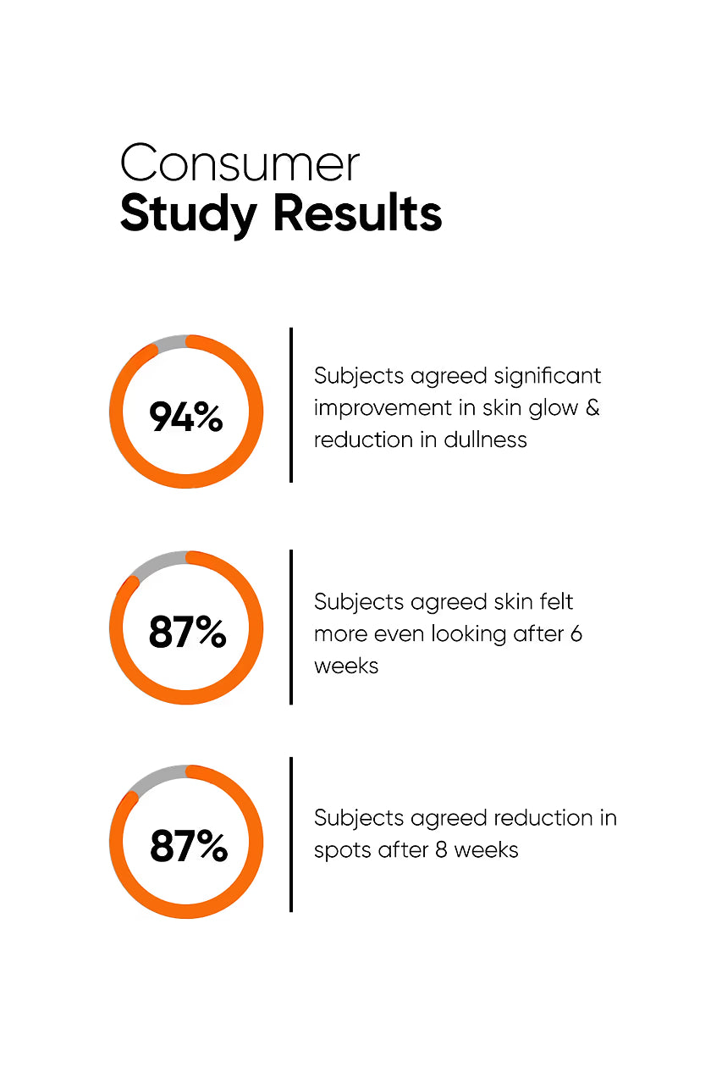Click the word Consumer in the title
click(240, 163)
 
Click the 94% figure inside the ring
click(186, 417)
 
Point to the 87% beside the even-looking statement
click(187, 632)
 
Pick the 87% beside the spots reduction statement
click(188, 846)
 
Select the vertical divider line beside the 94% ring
click(291, 405)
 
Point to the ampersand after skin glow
click(592, 407)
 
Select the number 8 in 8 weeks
click(441, 849)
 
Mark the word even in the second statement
click(403, 633)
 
